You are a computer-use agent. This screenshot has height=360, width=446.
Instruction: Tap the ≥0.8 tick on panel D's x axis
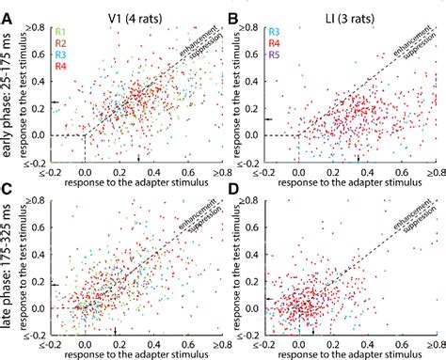[435, 344]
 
